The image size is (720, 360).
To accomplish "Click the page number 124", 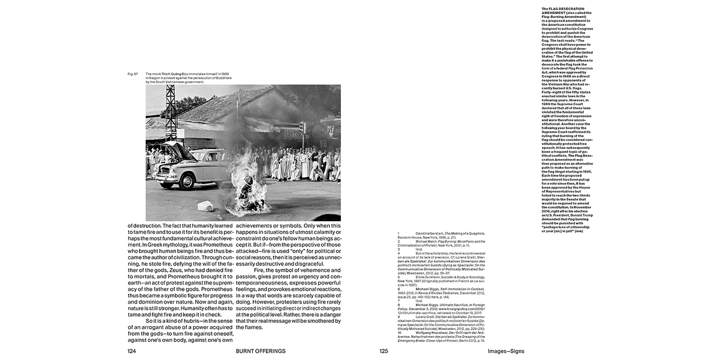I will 132,351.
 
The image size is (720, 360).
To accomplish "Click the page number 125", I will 384,351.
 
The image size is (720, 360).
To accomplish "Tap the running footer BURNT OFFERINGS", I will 260,351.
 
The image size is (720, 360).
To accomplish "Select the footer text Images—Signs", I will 506,351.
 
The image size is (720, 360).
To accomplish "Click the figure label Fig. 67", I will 133,74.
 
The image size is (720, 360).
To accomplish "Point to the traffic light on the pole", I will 301,127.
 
